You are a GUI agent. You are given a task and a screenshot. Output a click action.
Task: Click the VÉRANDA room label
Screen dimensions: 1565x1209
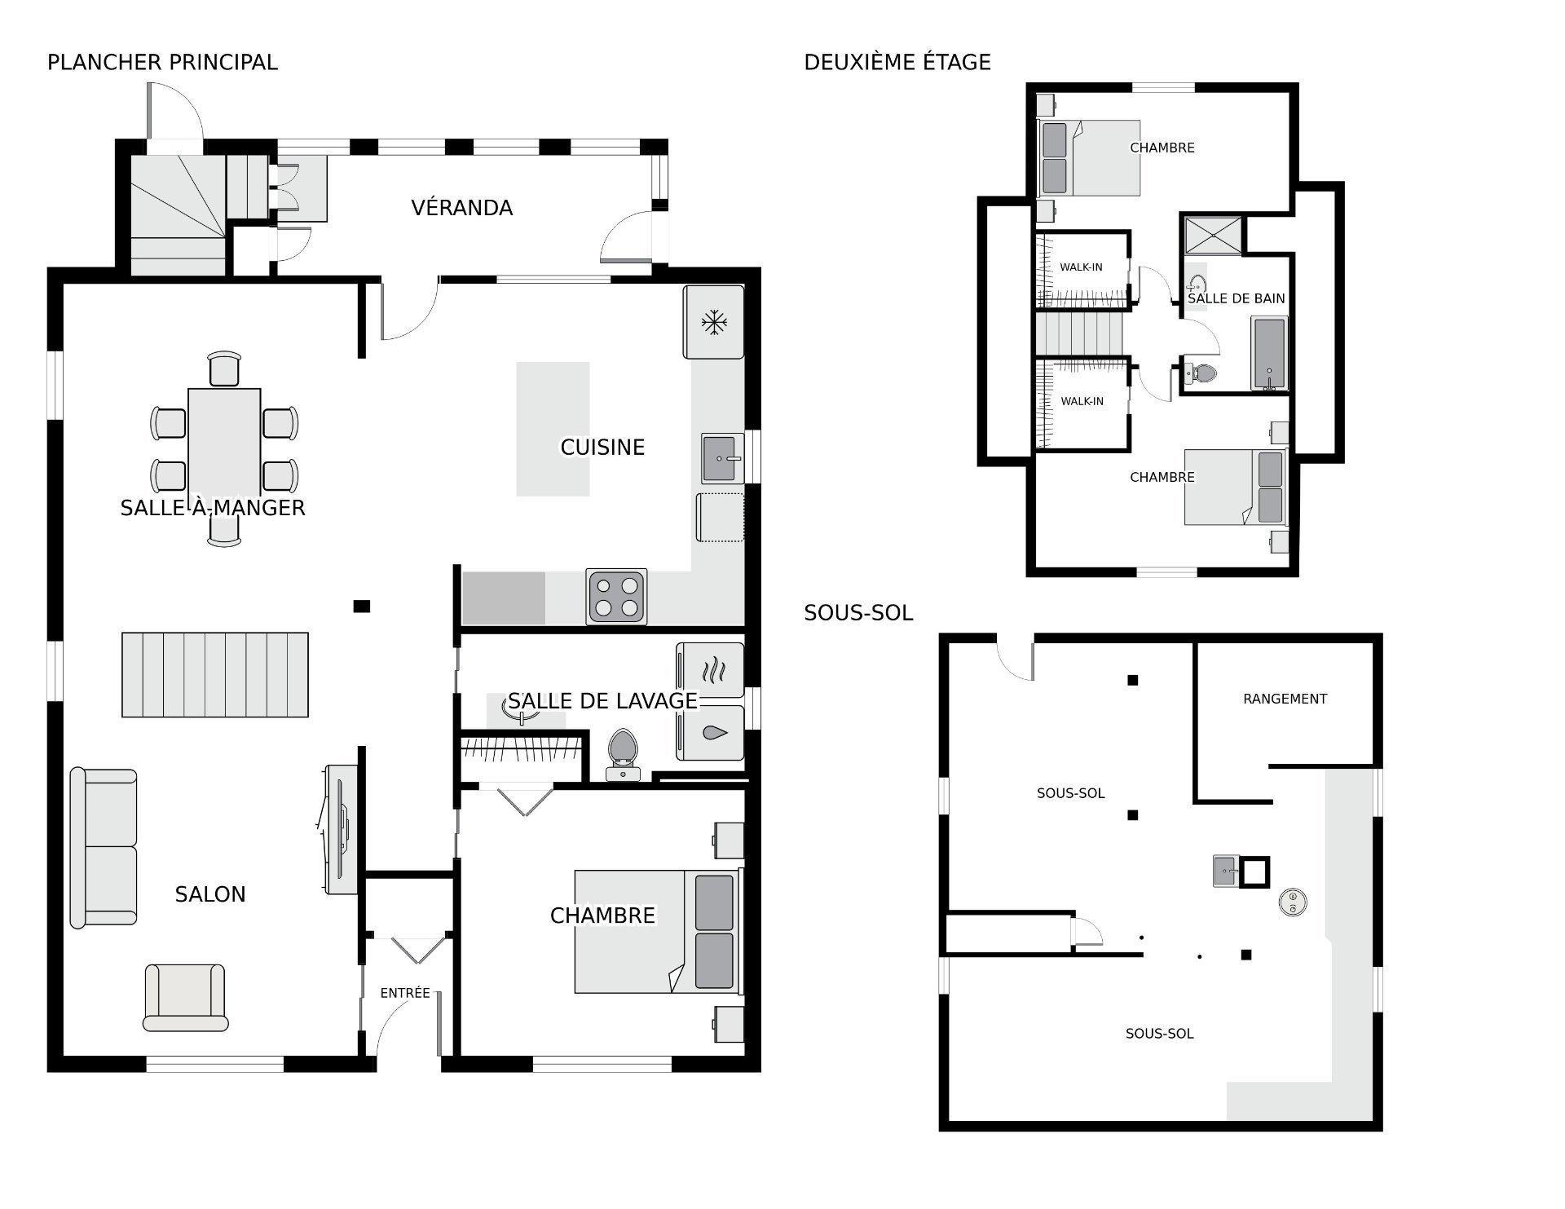(461, 208)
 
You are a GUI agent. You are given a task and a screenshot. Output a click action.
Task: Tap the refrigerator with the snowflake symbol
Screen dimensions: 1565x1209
(714, 321)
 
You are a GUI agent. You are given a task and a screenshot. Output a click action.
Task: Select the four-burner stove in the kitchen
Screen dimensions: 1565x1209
(616, 597)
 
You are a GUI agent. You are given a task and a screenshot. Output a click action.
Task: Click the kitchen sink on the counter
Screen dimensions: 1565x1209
(723, 459)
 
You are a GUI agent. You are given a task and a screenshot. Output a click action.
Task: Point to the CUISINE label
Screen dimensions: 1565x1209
(602, 447)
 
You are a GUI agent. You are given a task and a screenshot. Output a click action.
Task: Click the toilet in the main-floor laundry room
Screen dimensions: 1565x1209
(624, 755)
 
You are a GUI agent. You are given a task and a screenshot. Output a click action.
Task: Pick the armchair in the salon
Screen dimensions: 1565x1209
(185, 998)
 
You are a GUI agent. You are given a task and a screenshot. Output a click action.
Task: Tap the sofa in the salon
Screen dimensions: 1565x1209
(104, 847)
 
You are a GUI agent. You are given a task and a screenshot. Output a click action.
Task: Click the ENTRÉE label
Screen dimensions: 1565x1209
(405, 993)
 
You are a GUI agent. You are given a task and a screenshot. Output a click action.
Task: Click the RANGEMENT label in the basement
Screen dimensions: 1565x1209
(1285, 699)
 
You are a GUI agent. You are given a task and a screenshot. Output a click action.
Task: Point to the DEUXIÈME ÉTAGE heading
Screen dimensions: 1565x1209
(897, 62)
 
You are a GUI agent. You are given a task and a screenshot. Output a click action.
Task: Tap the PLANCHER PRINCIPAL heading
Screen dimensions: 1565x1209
(162, 62)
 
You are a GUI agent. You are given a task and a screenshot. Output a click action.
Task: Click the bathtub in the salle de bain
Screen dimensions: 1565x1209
(1269, 354)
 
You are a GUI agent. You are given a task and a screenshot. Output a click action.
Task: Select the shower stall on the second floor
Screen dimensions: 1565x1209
(1213, 236)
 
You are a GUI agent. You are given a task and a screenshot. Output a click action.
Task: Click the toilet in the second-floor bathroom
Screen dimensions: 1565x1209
(1199, 374)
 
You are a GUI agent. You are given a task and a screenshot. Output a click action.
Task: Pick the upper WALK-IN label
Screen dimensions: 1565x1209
(1081, 267)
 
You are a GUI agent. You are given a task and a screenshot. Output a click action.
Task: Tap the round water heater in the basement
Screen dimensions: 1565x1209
(1293, 901)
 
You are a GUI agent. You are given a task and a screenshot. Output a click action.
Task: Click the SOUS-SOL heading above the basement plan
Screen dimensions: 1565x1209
(858, 613)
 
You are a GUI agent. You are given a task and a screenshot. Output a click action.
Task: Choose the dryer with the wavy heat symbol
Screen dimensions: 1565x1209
(711, 671)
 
